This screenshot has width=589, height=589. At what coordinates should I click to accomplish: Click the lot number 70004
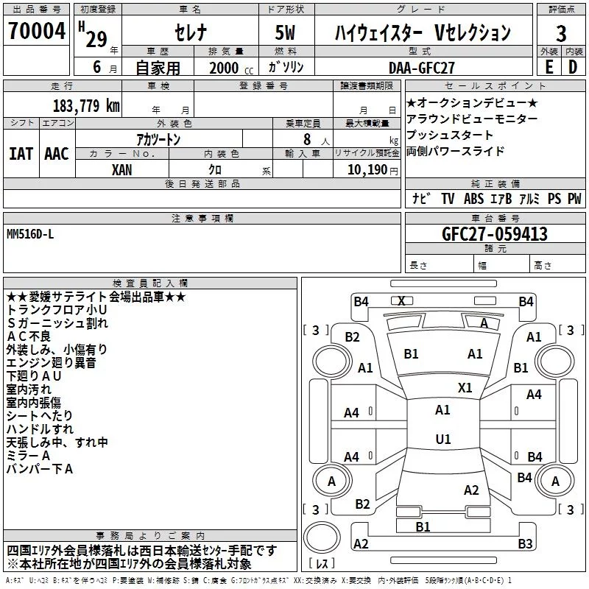pos(37,31)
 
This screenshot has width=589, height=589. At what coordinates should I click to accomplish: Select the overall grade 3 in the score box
pos(561,34)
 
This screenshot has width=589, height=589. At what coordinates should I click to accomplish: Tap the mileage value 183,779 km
pos(86,106)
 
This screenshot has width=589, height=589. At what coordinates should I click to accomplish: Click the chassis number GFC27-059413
pos(495,234)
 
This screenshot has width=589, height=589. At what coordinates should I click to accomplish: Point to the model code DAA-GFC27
pos(421,68)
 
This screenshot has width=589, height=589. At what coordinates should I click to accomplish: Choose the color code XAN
pos(121,170)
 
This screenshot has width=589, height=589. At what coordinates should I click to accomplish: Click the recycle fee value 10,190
pos(367,170)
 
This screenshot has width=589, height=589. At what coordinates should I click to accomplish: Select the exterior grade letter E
pos(549,67)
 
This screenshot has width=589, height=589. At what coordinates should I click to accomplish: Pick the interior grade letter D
pos(573,67)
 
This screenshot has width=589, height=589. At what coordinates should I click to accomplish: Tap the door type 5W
pos(285,32)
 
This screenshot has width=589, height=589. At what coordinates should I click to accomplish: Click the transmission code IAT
pos(21,154)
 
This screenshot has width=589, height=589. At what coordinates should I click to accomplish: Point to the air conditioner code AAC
pos(57,154)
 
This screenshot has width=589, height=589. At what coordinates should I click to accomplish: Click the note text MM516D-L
pos(30,234)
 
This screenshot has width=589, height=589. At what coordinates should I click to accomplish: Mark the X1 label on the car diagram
pos(465,388)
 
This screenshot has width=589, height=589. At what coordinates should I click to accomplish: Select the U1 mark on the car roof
pos(443,439)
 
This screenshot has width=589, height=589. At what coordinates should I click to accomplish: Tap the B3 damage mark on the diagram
pos(525,543)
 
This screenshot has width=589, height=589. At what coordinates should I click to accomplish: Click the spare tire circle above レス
pos(321,537)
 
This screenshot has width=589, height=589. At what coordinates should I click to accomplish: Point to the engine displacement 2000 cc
pos(231,68)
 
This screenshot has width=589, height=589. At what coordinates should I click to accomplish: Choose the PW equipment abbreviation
pos(574,199)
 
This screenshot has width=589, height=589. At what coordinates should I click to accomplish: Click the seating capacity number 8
pos(307,139)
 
